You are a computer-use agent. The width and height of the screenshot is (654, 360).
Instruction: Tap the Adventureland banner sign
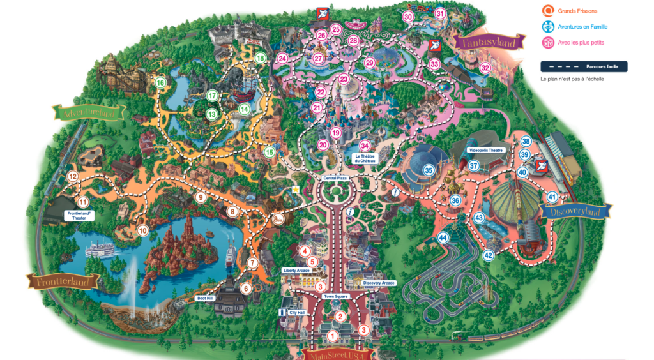point(87,113)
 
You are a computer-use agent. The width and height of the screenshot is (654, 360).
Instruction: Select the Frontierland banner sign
point(62,280)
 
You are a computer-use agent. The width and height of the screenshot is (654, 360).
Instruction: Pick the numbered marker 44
point(443,238)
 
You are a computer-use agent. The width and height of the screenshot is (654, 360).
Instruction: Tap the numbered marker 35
point(429,170)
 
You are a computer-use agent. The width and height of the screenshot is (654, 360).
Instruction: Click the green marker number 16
point(160,82)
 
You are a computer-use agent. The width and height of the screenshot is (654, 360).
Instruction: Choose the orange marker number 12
point(73,177)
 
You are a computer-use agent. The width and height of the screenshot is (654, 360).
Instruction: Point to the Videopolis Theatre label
point(487,151)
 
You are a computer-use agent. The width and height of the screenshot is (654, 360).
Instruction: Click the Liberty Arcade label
point(296,271)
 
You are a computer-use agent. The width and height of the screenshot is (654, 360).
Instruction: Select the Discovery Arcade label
point(378,283)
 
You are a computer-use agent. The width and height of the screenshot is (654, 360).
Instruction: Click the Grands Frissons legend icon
point(547,11)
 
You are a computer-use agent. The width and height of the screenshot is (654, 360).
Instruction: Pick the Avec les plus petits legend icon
point(547,43)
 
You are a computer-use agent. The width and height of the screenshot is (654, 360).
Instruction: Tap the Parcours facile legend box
point(583,66)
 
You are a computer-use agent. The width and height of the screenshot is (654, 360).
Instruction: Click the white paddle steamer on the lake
point(97,248)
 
